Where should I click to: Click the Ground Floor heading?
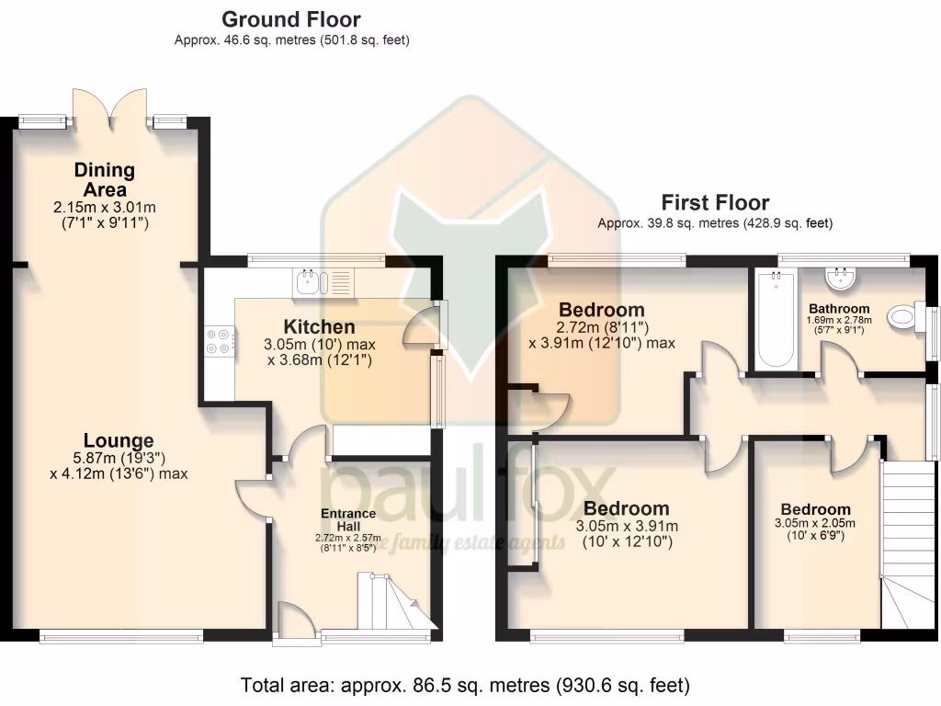click(291, 19)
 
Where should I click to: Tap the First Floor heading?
click(715, 202)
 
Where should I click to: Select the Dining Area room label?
click(105, 179)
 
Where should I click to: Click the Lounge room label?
click(119, 440)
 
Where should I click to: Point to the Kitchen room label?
click(319, 326)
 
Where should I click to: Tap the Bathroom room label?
click(838, 308)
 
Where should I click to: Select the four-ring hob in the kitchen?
click(220, 342)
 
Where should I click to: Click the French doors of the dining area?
click(109, 106)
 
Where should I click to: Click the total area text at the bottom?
click(464, 685)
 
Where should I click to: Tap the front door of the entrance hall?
click(293, 617)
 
